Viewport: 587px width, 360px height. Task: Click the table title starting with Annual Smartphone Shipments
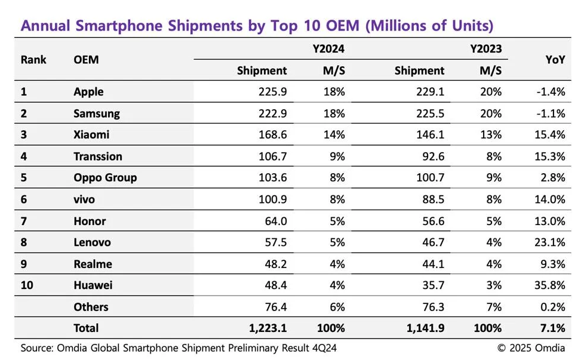tap(257, 26)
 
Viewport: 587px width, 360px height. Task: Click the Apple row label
tap(88, 92)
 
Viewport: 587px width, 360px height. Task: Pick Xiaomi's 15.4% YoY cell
tap(550, 135)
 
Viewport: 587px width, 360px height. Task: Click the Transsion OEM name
tap(98, 156)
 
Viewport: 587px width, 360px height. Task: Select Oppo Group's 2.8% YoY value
tap(552, 178)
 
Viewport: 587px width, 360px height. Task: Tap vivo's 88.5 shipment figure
tap(431, 199)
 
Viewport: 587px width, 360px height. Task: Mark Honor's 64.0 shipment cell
tap(275, 221)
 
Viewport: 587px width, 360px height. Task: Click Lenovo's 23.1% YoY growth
tap(550, 242)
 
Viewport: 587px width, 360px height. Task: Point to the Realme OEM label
tap(93, 264)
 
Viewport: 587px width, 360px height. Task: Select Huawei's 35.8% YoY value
tap(550, 285)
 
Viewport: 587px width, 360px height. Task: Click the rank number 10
tap(27, 285)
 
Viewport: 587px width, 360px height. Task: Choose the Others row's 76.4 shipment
tap(275, 307)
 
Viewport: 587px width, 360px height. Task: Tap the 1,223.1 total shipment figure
tap(267, 328)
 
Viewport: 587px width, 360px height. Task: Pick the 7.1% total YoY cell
tap(552, 328)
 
